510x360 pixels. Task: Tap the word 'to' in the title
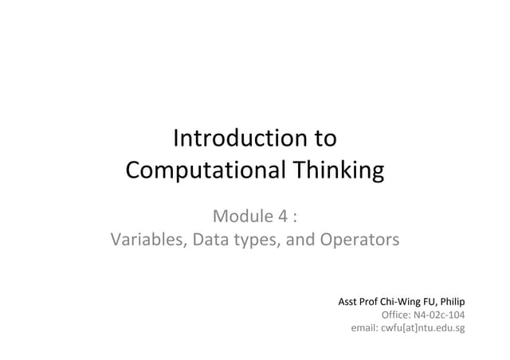click(325, 139)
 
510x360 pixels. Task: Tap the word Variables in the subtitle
click(147, 239)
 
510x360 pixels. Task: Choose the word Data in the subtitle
click(210, 239)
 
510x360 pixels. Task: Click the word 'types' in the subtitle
click(253, 239)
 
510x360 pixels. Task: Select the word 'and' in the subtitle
click(300, 239)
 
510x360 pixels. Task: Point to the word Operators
click(359, 239)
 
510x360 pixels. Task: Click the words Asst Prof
click(357, 302)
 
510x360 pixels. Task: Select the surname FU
click(430, 302)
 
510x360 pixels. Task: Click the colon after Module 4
click(296, 215)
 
